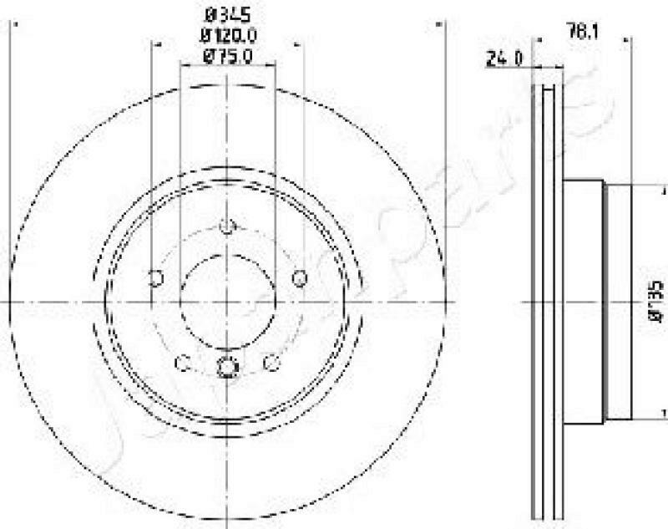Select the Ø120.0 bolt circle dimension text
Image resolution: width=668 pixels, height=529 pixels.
coord(228,35)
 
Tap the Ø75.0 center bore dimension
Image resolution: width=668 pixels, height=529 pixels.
coord(228,56)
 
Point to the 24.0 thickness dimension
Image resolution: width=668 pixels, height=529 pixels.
coord(504,58)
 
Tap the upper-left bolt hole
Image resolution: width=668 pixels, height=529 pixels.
coord(154,278)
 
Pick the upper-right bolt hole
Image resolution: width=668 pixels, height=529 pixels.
coord(301,278)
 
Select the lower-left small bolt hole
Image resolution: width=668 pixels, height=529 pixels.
coord(184,363)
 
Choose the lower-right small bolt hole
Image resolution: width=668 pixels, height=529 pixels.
coord(271,363)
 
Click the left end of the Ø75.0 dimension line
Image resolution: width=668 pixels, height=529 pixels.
coord(181,67)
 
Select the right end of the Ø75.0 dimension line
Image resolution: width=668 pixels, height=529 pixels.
coord(274,67)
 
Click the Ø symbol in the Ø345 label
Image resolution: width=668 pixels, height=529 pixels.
coord(211,14)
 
